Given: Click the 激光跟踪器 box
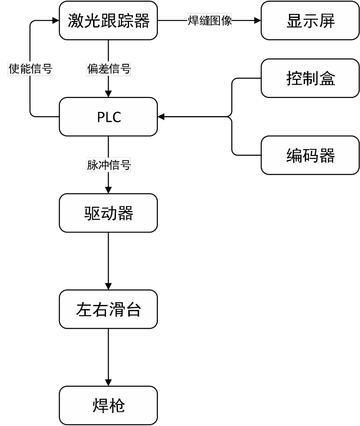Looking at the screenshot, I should point(108,20).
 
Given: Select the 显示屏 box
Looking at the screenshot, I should point(310,20).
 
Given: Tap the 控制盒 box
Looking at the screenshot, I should point(310,78).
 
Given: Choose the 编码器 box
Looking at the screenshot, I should point(310,155).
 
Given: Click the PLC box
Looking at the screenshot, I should point(108,117).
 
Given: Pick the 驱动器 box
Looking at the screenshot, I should point(108,213).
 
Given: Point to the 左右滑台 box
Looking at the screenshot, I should point(108,309).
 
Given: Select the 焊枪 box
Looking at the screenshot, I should point(108,405).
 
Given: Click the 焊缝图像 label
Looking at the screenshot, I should point(209,20).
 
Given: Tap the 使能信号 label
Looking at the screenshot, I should point(30,69).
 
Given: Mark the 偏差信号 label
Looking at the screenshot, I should point(109,69).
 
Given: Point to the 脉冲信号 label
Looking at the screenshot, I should point(109,165).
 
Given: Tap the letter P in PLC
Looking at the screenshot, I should point(101,117).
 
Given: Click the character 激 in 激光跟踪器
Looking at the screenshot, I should point(76,21).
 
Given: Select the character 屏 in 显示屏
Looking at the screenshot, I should point(327,21).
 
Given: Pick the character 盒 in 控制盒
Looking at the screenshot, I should point(327,79).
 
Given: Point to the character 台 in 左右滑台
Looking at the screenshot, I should point(133,309).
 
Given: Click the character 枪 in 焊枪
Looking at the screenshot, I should point(117,406).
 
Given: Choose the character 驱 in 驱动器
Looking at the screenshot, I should point(92,213).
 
